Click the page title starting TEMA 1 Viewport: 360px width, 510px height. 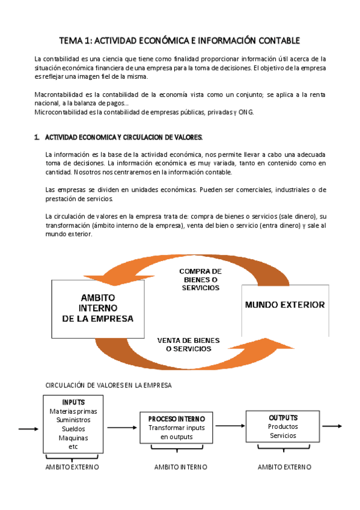[179, 40]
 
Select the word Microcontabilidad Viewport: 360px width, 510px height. [61, 112]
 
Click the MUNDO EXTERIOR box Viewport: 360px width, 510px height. [284, 304]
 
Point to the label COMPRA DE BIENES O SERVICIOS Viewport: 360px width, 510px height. [200, 280]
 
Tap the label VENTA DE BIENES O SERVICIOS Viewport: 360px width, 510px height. [188, 344]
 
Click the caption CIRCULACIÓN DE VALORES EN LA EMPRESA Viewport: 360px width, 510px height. [109, 385]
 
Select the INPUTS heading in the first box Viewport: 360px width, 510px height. [73, 402]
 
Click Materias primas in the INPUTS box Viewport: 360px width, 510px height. [73, 411]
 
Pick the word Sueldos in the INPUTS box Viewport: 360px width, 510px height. [73, 429]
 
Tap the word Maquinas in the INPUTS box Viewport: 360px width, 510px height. [73, 438]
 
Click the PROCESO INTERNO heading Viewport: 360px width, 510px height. [176, 419]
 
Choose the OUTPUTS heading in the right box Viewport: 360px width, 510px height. [282, 417]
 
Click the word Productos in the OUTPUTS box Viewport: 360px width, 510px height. [282, 426]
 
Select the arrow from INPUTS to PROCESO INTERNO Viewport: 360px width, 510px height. [122, 428]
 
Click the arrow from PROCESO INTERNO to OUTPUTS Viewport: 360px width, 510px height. [230, 426]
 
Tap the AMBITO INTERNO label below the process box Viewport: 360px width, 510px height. [180, 467]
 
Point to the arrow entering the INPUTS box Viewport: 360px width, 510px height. [29, 429]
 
